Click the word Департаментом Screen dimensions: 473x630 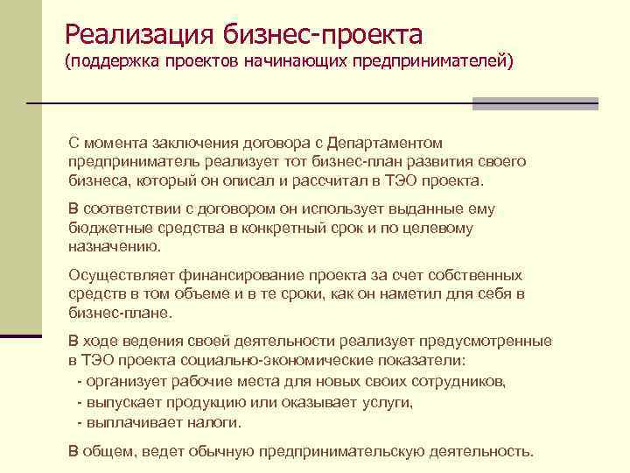tap(384, 143)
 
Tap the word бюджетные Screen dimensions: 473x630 tap(104, 228)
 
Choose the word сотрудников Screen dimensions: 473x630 tap(453, 383)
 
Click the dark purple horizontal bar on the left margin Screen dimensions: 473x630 tap(21, 335)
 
